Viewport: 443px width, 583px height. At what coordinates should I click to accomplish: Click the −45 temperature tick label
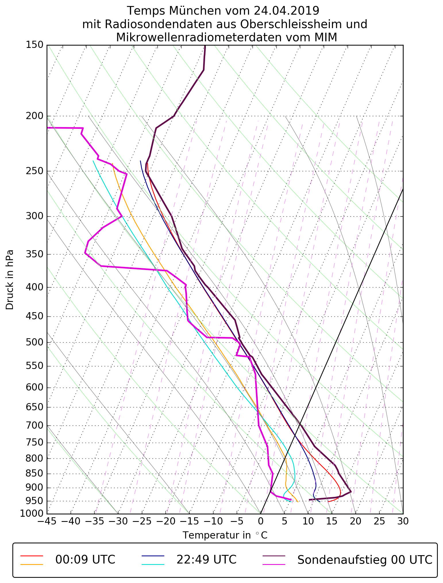tap(47, 521)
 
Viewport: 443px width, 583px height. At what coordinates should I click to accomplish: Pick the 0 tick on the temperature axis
tap(261, 521)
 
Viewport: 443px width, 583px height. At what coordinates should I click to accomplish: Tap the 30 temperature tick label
tap(403, 521)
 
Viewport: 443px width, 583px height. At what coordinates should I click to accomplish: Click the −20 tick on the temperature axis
tap(165, 521)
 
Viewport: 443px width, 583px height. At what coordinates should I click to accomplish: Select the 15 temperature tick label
tap(332, 521)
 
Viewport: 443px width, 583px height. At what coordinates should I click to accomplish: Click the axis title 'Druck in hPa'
tap(10, 279)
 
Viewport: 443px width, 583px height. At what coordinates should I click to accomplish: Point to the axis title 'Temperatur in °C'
tap(225, 535)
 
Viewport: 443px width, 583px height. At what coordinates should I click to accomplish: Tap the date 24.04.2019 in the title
tap(286, 11)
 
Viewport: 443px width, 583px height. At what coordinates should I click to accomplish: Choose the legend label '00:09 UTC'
tap(85, 559)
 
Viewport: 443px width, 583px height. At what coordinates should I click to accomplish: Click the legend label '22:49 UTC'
tap(206, 559)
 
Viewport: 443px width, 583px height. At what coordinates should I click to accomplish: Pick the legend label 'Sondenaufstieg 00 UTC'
tap(365, 559)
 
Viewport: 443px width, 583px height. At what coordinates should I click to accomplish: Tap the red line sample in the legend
tap(32, 556)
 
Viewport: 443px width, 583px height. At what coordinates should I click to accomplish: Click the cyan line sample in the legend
tap(153, 564)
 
